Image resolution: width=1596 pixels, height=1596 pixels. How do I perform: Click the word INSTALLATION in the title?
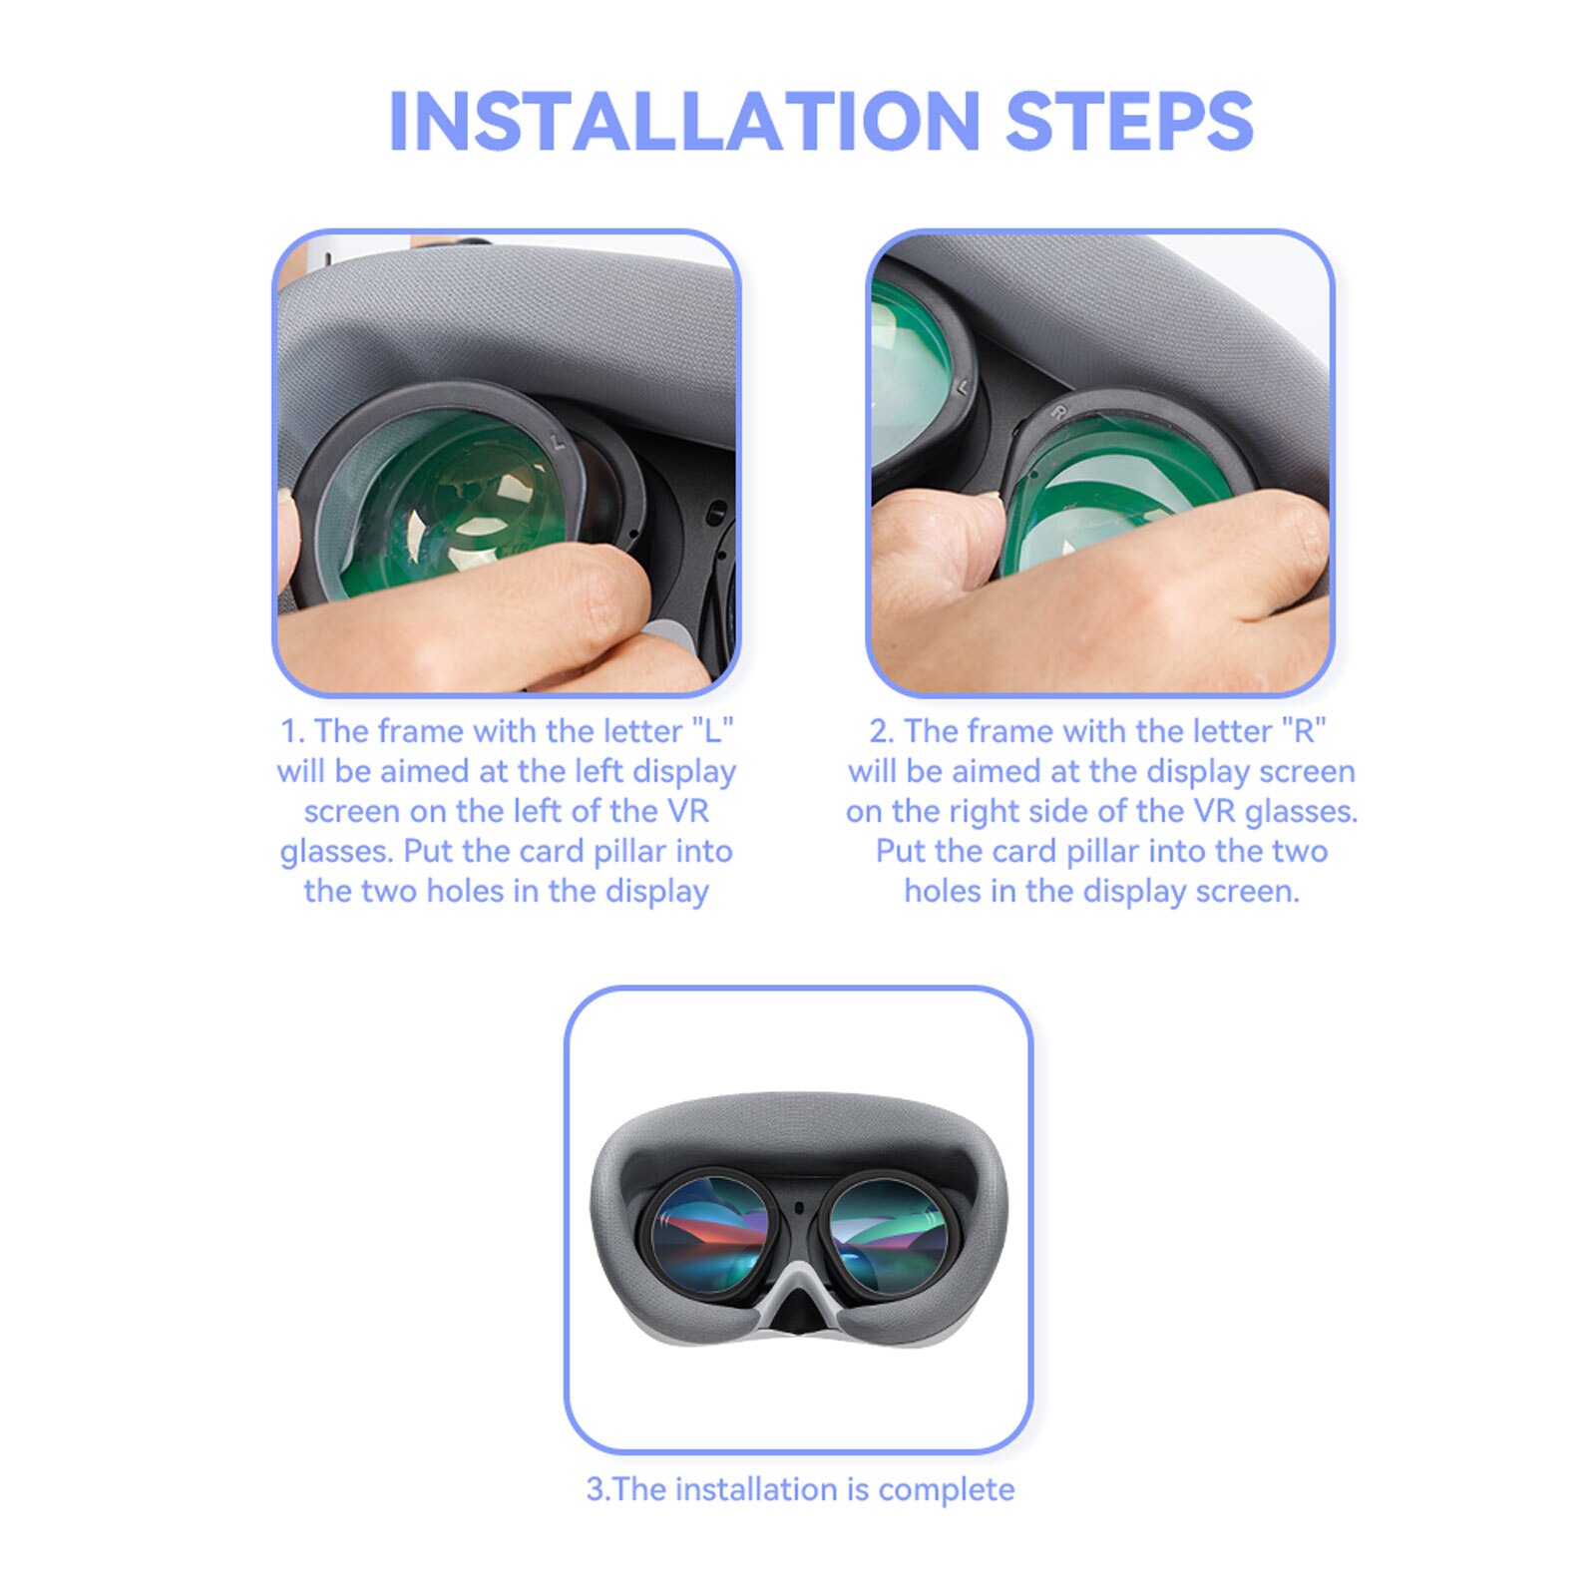coord(684,122)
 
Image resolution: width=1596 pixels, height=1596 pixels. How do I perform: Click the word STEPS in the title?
coord(1128,122)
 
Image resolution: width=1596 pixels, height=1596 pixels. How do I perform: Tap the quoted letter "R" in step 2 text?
coord(1304,731)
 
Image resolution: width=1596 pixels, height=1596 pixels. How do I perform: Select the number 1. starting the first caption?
coord(292,731)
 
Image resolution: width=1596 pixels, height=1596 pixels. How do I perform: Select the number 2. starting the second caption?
coord(881,731)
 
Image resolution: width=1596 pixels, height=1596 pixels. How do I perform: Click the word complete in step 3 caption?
coord(947,1489)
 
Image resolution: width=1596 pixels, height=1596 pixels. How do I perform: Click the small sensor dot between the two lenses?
coord(799,1209)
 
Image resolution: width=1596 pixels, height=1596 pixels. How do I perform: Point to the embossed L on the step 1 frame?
coord(559,439)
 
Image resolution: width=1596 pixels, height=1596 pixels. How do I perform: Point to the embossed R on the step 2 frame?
coord(1059,410)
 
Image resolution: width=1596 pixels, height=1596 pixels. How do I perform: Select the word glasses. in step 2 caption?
coord(1301,811)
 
